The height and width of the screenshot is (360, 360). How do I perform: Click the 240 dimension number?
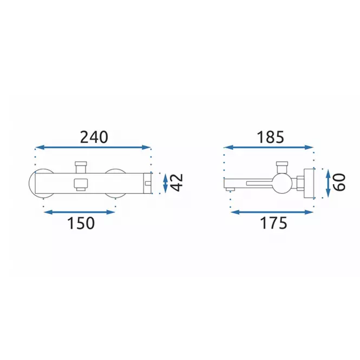tap(94, 138)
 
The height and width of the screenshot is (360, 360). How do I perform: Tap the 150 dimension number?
tap(81, 223)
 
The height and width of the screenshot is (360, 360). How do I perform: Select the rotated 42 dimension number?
tap(177, 182)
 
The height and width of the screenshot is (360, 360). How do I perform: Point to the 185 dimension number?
tap(270, 138)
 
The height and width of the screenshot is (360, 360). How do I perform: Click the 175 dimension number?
tap(273, 223)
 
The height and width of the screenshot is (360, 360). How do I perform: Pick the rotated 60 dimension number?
tap(339, 182)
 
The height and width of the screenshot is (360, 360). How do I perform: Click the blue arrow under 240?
tap(93, 147)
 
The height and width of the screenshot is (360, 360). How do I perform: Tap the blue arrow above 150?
tap(79, 212)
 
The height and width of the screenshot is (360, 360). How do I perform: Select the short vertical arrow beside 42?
tap(165, 183)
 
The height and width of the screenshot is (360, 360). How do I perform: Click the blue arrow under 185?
tap(269, 147)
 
